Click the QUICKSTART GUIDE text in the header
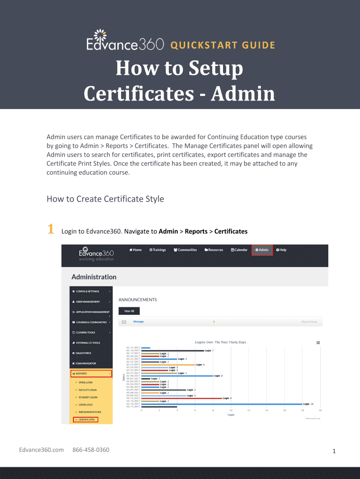(x=223, y=45)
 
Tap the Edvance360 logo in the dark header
(x=125, y=41)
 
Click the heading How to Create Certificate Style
(x=105, y=199)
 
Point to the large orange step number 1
(x=50, y=230)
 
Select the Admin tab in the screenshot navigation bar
(x=262, y=250)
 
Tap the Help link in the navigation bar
(x=281, y=250)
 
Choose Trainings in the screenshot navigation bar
(x=158, y=250)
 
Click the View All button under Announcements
(x=129, y=311)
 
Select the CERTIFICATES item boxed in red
(x=86, y=420)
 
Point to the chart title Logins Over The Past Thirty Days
(x=220, y=342)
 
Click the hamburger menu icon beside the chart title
(x=318, y=342)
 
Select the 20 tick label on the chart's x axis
(x=320, y=410)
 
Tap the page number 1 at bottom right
(x=334, y=451)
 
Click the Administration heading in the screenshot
(x=94, y=277)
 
